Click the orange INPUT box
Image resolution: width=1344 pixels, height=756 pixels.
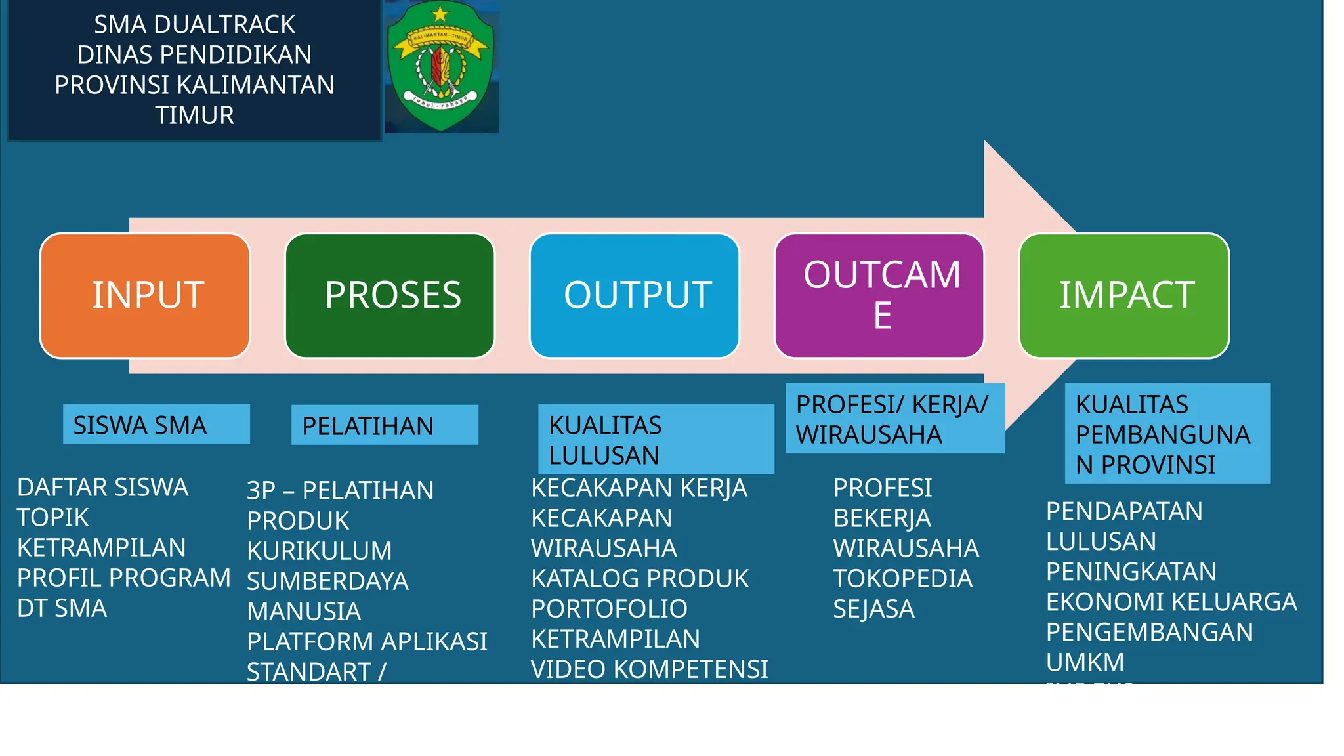(x=145, y=295)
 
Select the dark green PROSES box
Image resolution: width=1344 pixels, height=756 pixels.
(x=390, y=295)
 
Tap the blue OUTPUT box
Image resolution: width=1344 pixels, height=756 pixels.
(x=635, y=295)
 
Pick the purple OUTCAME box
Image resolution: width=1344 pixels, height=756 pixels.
(x=879, y=295)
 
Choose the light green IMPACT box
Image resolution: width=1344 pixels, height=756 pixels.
(x=1124, y=295)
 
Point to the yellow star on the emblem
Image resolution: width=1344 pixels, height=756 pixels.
(x=440, y=12)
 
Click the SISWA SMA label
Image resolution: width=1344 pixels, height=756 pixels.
(x=156, y=425)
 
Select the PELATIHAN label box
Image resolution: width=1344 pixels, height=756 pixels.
(x=385, y=425)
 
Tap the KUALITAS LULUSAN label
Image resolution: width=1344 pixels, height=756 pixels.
(x=656, y=439)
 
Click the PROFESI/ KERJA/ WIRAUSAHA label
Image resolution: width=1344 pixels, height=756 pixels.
(x=895, y=419)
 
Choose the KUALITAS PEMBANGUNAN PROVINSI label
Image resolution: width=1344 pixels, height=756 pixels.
(x=1167, y=434)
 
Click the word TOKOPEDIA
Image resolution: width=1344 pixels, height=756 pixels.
(x=902, y=578)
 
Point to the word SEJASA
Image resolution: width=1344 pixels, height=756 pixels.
(x=873, y=609)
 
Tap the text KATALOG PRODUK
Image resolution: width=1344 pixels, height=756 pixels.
(x=640, y=578)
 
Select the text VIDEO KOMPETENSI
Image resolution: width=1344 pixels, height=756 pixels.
(x=649, y=669)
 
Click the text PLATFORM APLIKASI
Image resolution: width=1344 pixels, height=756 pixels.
(x=367, y=641)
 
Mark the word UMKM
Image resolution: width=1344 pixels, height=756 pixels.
(x=1085, y=662)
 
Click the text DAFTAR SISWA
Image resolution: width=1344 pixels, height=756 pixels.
(x=102, y=487)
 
